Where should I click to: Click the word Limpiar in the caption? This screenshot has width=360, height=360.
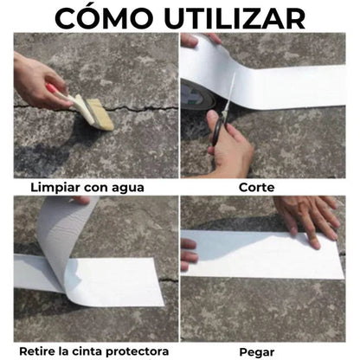pos(57,186)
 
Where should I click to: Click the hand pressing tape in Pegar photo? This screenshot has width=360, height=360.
pos(307,216)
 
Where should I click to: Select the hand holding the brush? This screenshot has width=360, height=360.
pos(39,80)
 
